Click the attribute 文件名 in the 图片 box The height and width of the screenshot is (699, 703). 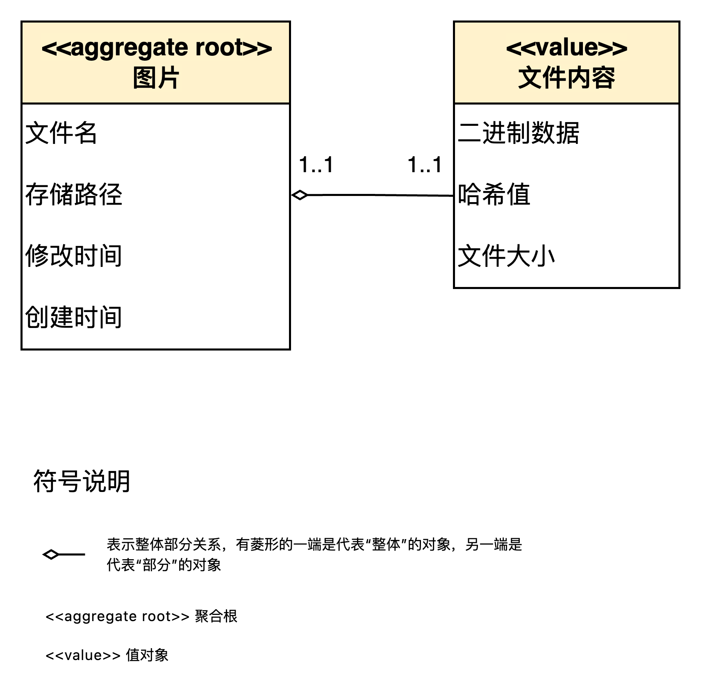(x=61, y=133)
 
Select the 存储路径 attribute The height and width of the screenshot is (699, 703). (x=74, y=194)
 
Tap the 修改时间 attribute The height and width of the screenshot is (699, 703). (x=74, y=255)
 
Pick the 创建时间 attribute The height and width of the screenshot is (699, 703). (x=74, y=317)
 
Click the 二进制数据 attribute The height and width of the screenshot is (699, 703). (x=519, y=133)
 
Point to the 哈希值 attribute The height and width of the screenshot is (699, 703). (x=494, y=194)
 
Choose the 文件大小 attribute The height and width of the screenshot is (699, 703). (x=506, y=255)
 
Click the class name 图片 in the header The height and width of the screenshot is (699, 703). (x=156, y=78)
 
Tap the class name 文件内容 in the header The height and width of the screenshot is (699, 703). (x=566, y=78)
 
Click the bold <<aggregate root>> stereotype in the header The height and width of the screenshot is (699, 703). (x=157, y=48)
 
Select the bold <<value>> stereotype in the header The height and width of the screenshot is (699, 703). (x=566, y=48)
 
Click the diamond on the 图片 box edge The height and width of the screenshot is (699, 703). (x=300, y=195)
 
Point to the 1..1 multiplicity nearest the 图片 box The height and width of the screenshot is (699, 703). (x=316, y=165)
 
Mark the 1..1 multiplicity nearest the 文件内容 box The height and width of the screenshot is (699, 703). (x=425, y=165)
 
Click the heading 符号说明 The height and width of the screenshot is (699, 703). (x=82, y=481)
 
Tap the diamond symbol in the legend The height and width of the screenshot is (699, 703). (x=51, y=555)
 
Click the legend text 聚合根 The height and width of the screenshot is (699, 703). (x=216, y=616)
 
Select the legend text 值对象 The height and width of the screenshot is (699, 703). (x=147, y=655)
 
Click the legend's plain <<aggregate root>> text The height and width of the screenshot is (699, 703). (x=117, y=617)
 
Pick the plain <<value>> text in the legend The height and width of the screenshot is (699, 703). (x=83, y=655)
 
